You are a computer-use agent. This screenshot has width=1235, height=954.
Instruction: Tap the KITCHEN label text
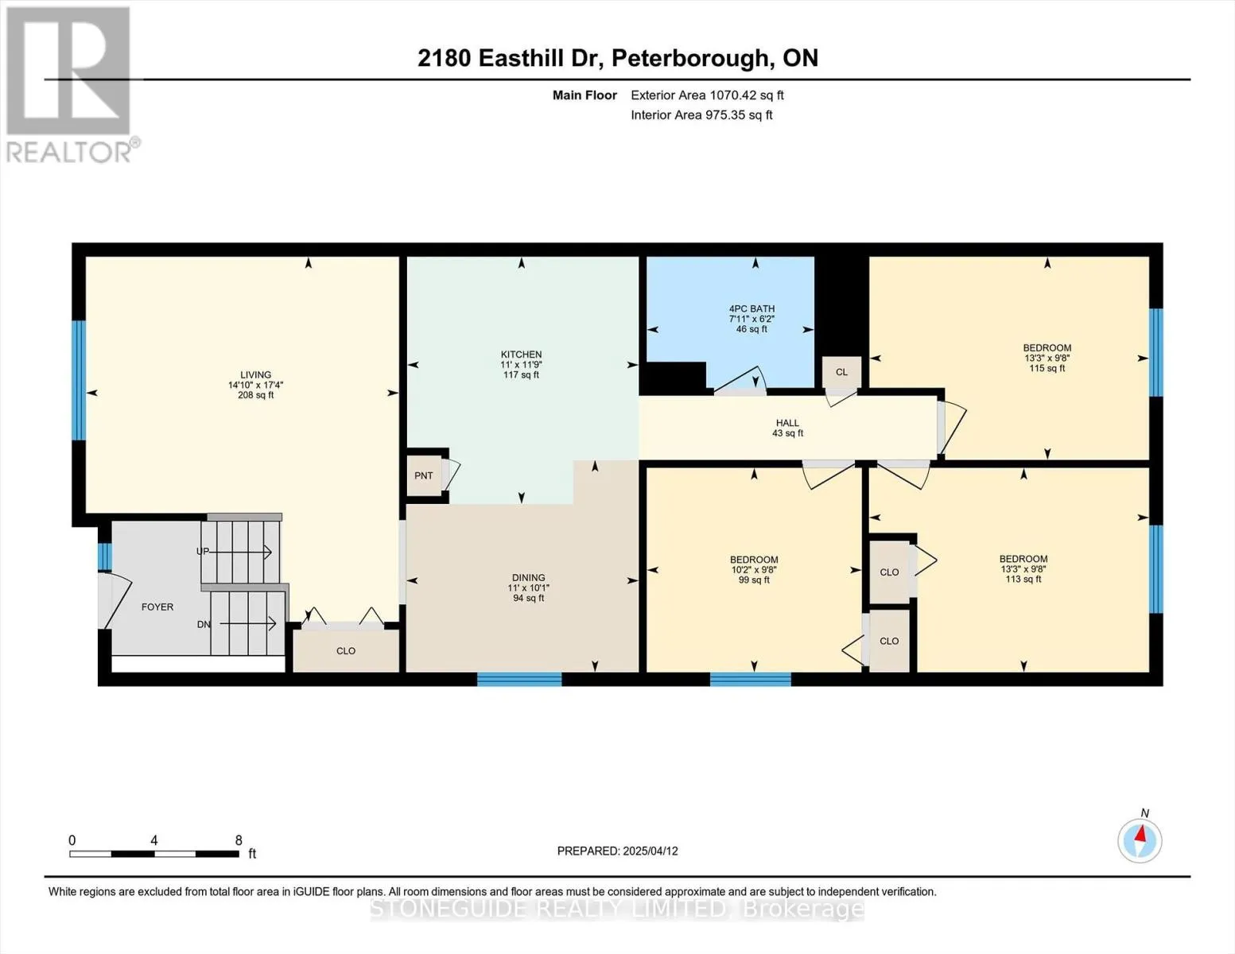pyautogui.click(x=521, y=355)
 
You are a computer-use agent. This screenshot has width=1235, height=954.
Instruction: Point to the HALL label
pyautogui.click(x=788, y=423)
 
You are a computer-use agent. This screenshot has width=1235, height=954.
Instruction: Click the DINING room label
pyautogui.click(x=529, y=578)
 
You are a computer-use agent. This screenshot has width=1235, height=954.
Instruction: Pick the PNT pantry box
pyautogui.click(x=425, y=475)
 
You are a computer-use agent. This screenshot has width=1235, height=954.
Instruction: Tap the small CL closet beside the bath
pyautogui.click(x=841, y=373)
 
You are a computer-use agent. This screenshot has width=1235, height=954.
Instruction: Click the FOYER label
pyautogui.click(x=157, y=607)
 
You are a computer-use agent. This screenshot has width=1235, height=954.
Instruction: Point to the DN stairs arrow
pyautogui.click(x=248, y=624)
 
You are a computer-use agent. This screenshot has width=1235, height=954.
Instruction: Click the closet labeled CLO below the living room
pyautogui.click(x=346, y=651)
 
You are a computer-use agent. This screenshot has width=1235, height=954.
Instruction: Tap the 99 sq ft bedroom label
pyautogui.click(x=754, y=570)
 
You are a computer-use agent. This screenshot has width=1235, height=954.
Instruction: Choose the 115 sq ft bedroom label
pyautogui.click(x=1047, y=358)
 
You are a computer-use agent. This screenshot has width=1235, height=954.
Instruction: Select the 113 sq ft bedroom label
pyautogui.click(x=1023, y=568)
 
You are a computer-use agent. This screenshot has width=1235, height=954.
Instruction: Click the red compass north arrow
pyautogui.click(x=1140, y=833)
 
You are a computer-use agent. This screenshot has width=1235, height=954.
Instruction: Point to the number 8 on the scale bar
pyautogui.click(x=239, y=840)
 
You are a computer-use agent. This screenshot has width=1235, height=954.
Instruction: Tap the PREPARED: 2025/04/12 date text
pyautogui.click(x=617, y=851)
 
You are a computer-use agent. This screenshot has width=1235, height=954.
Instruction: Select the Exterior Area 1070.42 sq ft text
pyautogui.click(x=707, y=95)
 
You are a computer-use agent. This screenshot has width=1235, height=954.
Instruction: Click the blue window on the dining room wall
pyautogui.click(x=519, y=679)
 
